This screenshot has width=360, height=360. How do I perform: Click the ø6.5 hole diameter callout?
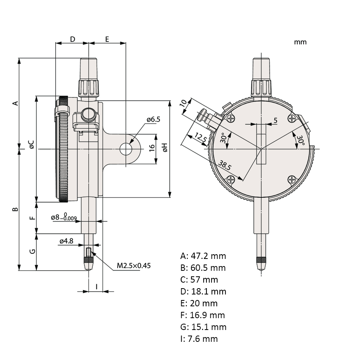coord(154,119)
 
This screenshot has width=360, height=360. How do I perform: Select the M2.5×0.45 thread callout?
coord(134,266)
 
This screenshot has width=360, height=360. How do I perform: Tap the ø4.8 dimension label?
coord(66,241)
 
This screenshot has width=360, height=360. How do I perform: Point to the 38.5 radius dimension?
coord(224,165)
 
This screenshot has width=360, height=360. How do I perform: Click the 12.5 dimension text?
coord(201,137)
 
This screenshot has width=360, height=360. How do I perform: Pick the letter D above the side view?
coord(73,39)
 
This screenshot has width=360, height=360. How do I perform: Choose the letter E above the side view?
coord(107,39)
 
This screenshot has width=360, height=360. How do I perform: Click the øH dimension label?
coord(165,147)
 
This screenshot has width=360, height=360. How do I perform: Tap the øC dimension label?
coord(32,144)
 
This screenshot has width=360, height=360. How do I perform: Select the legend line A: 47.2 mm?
coord(203,256)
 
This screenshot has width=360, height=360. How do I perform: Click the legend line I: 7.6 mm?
coord(199,339)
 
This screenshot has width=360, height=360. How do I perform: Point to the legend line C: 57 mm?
coord(199,279)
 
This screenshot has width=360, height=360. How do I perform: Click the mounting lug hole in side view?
coord(126,149)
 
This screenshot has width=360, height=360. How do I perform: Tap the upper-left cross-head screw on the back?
coord(231,118)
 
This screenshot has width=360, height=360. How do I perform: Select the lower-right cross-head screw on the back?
coord(292,179)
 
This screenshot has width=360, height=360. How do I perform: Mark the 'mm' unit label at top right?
coord(300,42)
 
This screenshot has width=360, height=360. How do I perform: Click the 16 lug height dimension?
coord(152,148)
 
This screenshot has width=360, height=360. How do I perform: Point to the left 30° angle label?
coord(223,138)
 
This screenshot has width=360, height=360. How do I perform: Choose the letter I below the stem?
coord(97,287)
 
